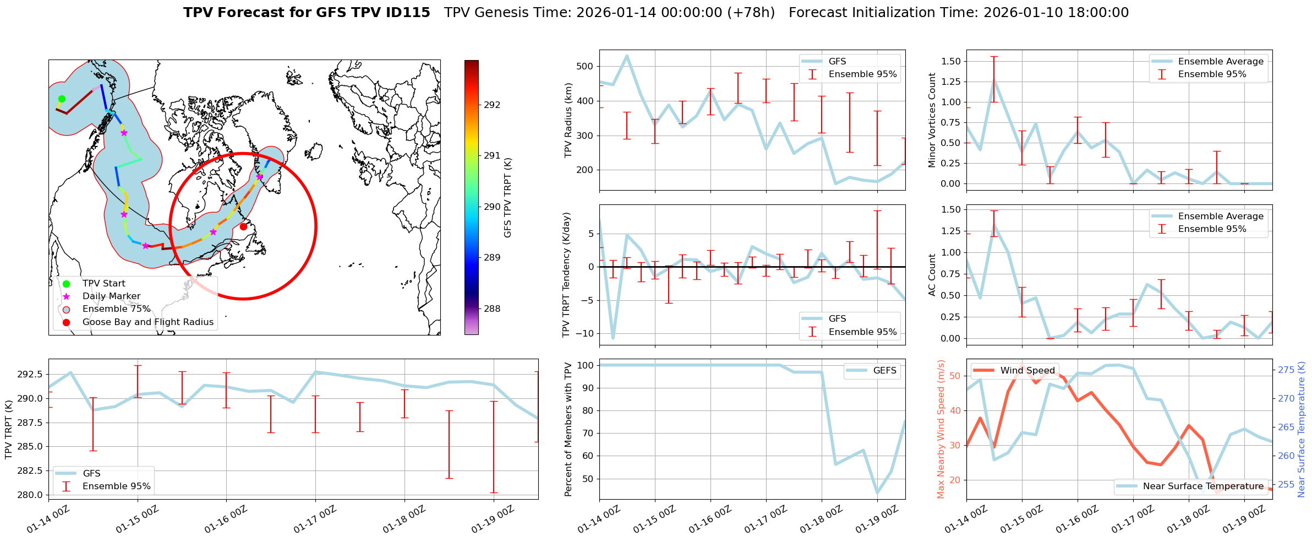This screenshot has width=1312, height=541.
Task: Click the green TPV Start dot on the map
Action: coord(62,99)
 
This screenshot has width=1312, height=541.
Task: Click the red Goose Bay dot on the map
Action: coord(243,226)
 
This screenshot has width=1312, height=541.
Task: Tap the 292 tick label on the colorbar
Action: coord(492,105)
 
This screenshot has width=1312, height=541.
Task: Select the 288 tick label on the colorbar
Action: coord(492,309)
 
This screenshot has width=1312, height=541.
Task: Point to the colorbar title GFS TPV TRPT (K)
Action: coord(508,198)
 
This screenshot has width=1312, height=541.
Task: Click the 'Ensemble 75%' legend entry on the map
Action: coord(116,309)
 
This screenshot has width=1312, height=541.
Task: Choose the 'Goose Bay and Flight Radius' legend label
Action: coord(147,322)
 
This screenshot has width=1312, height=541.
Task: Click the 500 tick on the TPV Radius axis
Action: coord(584,66)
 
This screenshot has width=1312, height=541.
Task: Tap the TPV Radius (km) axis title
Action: coord(568,120)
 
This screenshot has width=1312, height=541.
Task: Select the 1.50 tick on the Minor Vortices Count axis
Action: coord(950,61)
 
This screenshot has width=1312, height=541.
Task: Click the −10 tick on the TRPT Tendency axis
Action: coord(584,333)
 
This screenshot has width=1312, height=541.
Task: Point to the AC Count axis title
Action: coord(932,275)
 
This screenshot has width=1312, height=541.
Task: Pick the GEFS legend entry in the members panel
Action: coord(884,371)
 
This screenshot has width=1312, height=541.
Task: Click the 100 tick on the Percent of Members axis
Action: coord(586,365)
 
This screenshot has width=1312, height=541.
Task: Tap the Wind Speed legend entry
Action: coord(1027,371)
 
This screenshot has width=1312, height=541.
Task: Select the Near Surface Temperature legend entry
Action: coord(1203,486)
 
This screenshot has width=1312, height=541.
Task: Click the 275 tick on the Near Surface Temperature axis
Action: coord(1286,370)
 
